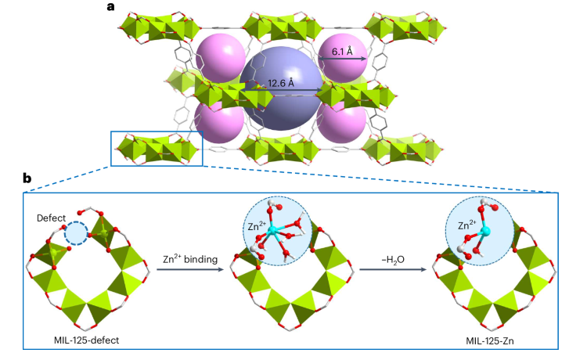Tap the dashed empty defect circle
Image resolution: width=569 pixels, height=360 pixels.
coord(76,233)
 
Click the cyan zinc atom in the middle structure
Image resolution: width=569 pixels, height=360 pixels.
coord(272,232)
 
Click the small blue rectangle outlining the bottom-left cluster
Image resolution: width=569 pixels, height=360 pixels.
coord(157,149)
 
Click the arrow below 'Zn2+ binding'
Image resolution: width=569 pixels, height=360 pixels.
coord(186,269)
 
